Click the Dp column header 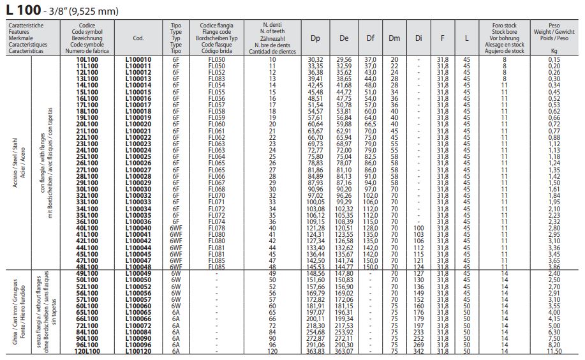pyautogui.click(x=315, y=38)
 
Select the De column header pyautogui.click(x=344, y=38)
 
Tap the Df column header pyautogui.click(x=371, y=38)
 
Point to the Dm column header pyautogui.click(x=394, y=38)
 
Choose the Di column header pyautogui.click(x=418, y=38)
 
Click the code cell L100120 pyautogui.click(x=139, y=350)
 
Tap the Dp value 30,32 pyautogui.click(x=315, y=59)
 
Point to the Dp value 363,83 pyautogui.click(x=315, y=350)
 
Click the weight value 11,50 pyautogui.click(x=553, y=350)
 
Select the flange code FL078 pyautogui.click(x=217, y=228)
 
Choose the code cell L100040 pyautogui.click(x=139, y=228)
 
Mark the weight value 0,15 pyautogui.click(x=553, y=59)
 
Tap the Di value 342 pyautogui.click(x=418, y=350)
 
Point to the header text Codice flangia pyautogui.click(x=217, y=25)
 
